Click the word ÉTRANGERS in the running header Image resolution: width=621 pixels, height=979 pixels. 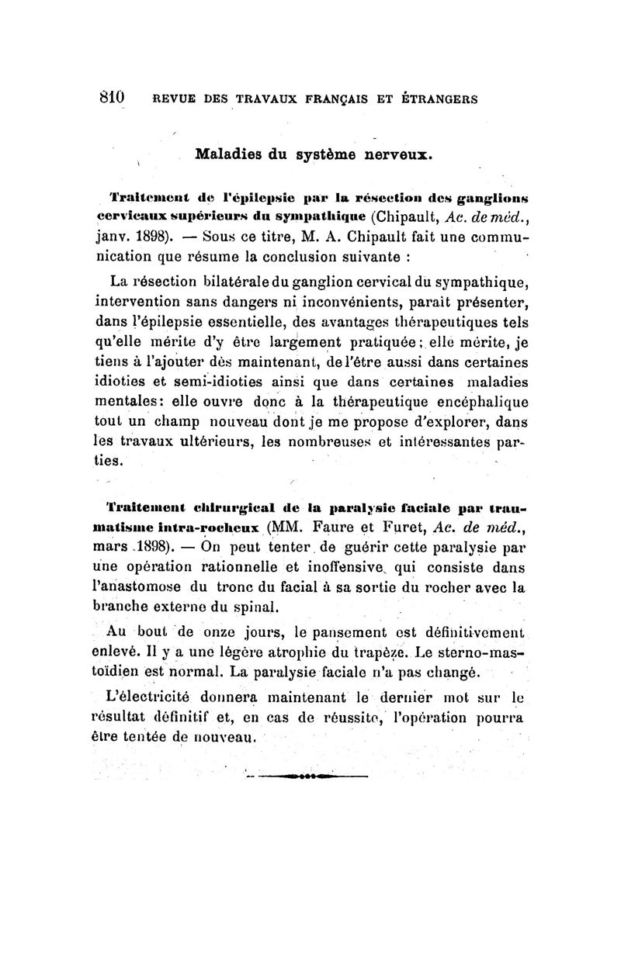click(437, 99)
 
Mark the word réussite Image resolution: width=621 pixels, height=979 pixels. click(396, 716)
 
